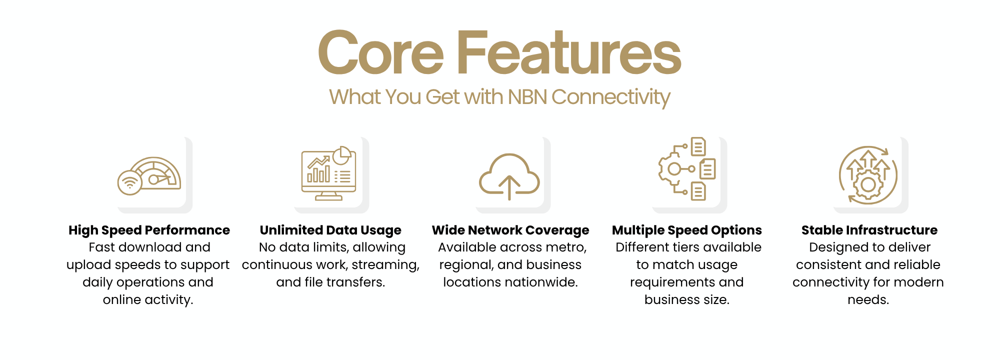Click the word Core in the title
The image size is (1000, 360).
tap(380, 53)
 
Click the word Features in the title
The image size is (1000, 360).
tap(568, 53)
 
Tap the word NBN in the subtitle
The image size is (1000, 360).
tap(527, 97)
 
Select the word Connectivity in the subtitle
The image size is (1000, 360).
tap(610, 97)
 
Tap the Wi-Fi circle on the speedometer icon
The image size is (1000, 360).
tap(130, 182)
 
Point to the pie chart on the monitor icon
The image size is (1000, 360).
tap(342, 155)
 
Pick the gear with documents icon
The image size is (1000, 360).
tap(687, 169)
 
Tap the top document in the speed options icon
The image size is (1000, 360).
tap(698, 147)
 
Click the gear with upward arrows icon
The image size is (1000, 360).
tap(868, 175)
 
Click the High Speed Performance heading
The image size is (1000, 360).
tap(149, 230)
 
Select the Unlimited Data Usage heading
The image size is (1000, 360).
tap(330, 230)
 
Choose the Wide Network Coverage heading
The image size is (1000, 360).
tap(510, 230)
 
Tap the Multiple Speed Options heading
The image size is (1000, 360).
tap(686, 230)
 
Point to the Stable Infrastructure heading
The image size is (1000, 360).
tap(869, 230)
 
